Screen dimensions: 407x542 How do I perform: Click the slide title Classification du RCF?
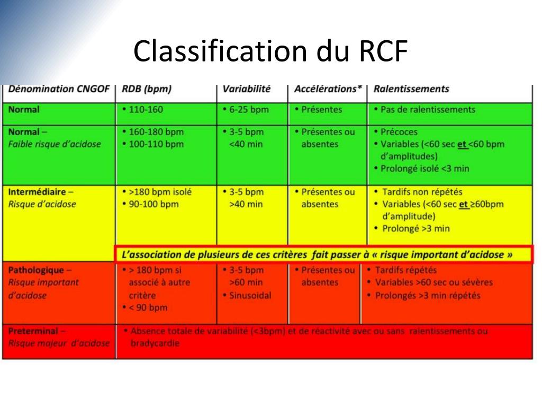coord(270,51)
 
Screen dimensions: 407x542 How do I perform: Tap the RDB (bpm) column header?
coord(147,89)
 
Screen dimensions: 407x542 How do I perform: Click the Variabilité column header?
coord(246,89)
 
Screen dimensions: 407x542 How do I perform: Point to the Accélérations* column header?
coord(328,89)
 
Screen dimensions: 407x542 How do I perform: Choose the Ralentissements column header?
coord(411,89)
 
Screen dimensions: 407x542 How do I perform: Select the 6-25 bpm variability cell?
coord(248,110)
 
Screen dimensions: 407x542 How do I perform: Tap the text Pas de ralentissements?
coord(428,110)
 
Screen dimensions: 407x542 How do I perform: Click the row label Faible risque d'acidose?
coord(55,144)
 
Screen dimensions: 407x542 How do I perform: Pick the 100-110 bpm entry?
coord(155,144)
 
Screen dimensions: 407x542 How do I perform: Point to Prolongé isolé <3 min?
coord(424,169)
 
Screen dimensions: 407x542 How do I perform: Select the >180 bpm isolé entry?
coord(159,192)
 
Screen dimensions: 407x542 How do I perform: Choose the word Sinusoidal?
coord(250,295)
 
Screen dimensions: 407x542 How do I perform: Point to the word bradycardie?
coord(155,343)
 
